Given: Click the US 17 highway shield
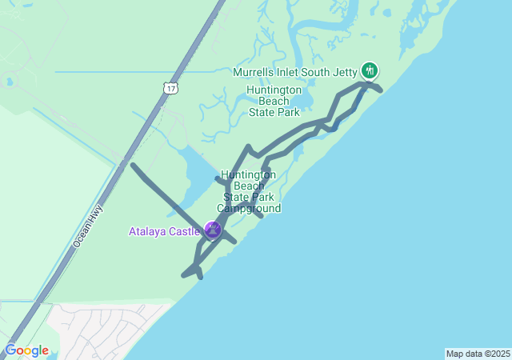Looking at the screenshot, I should click(170, 86).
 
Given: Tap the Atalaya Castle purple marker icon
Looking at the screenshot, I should click(213, 230).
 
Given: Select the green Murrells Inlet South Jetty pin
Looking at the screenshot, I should click(369, 70).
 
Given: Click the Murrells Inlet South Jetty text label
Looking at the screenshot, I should click(294, 72).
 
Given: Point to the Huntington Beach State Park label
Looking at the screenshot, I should click(274, 101).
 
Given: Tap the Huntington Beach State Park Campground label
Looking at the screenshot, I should click(249, 191).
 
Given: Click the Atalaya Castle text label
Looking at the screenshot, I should click(165, 232).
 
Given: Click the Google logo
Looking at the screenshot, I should click(26, 350).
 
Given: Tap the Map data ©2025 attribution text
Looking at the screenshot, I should click(477, 354).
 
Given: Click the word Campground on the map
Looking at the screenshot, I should click(249, 209).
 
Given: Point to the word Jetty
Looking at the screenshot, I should click(345, 72).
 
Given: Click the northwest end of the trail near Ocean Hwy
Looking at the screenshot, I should click(133, 166).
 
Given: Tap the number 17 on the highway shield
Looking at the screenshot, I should click(170, 87).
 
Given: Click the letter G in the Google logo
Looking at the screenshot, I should click(10, 350).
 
